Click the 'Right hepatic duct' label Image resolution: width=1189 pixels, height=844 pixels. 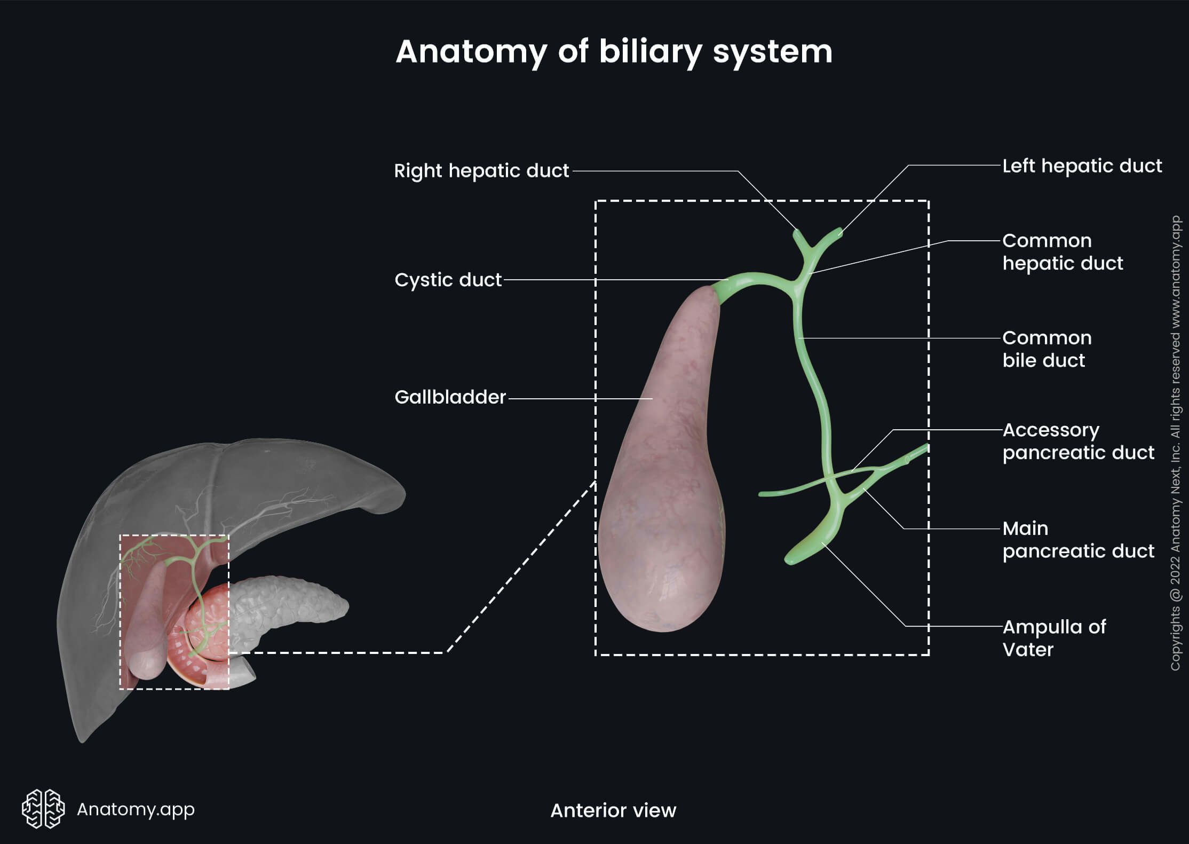coord(481,171)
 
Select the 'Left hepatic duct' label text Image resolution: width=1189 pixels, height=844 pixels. coord(1082,166)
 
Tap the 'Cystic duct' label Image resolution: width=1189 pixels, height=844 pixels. coord(448,280)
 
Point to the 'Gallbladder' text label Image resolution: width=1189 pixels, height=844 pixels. coord(450,397)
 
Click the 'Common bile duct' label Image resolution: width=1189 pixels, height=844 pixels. coord(1046,349)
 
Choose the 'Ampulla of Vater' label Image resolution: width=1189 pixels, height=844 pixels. coord(1053,638)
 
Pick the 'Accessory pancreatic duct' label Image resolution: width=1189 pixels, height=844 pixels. coord(1077,441)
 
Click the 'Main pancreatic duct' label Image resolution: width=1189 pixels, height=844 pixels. coord(1077,540)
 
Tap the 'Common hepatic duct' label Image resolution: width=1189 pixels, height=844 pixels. coord(1062,252)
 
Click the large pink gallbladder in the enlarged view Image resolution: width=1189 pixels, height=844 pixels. coord(662,480)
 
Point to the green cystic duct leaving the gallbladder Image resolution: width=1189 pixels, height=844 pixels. coord(742,282)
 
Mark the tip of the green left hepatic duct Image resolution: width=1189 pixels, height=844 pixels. coord(838,232)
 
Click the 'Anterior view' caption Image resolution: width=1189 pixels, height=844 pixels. coord(613,810)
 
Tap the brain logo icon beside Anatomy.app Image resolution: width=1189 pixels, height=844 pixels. coord(43,809)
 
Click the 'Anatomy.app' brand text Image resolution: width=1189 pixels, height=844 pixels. coord(136,809)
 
